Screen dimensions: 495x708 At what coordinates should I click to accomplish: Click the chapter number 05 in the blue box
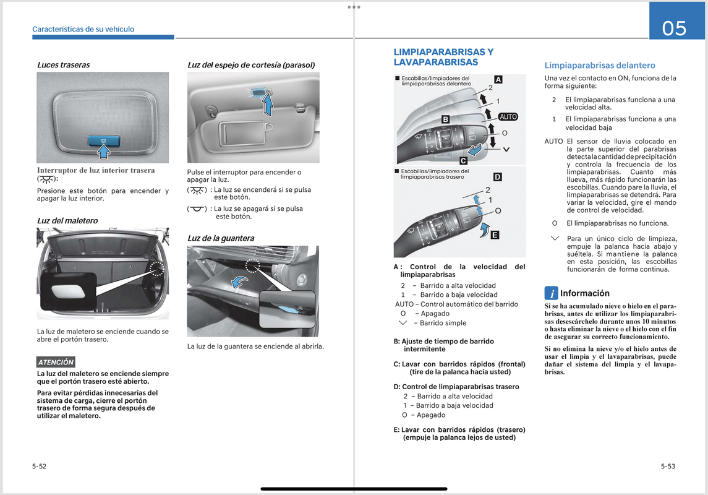pos(674,28)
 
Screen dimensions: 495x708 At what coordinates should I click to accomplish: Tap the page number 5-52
pos(39,467)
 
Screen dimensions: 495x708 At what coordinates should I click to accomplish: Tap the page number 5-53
pos(667,467)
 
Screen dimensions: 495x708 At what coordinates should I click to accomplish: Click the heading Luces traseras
pos(63,64)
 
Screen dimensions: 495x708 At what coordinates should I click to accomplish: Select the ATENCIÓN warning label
pos(56,362)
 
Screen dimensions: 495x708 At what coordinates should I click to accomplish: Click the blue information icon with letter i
pos(551,293)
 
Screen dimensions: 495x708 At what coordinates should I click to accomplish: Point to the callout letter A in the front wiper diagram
pos(498,79)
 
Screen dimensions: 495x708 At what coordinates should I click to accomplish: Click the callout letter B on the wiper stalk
pos(445,119)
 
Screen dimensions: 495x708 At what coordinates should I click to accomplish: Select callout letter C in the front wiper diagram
pos(463,161)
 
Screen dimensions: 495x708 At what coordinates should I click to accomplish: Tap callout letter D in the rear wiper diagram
pos(497,177)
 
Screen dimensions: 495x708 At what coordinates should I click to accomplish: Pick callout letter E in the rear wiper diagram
pos(494,235)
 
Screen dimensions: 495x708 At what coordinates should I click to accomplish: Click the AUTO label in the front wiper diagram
pos(508,117)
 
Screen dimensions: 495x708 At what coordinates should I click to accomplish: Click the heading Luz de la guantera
pos(221,238)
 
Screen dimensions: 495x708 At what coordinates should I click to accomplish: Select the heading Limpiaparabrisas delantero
pos(599,65)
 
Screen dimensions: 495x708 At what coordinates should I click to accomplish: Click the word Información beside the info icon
pos(584,293)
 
